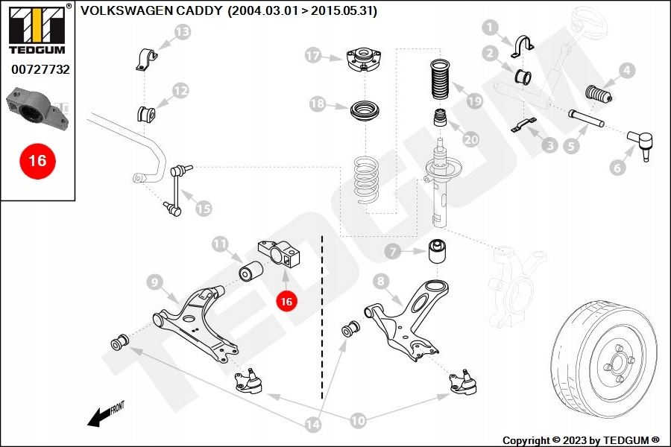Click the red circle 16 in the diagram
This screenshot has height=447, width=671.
pos(286,301)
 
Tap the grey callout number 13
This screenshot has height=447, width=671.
pos(183,31)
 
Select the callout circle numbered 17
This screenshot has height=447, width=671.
pos(313,55)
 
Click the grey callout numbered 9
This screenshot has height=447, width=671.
pos(155,282)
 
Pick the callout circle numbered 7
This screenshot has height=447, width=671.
pos(393,252)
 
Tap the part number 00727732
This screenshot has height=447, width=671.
pos(40,69)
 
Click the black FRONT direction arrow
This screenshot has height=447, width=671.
pos(98,416)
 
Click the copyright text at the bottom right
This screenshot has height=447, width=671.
pos(581,440)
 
